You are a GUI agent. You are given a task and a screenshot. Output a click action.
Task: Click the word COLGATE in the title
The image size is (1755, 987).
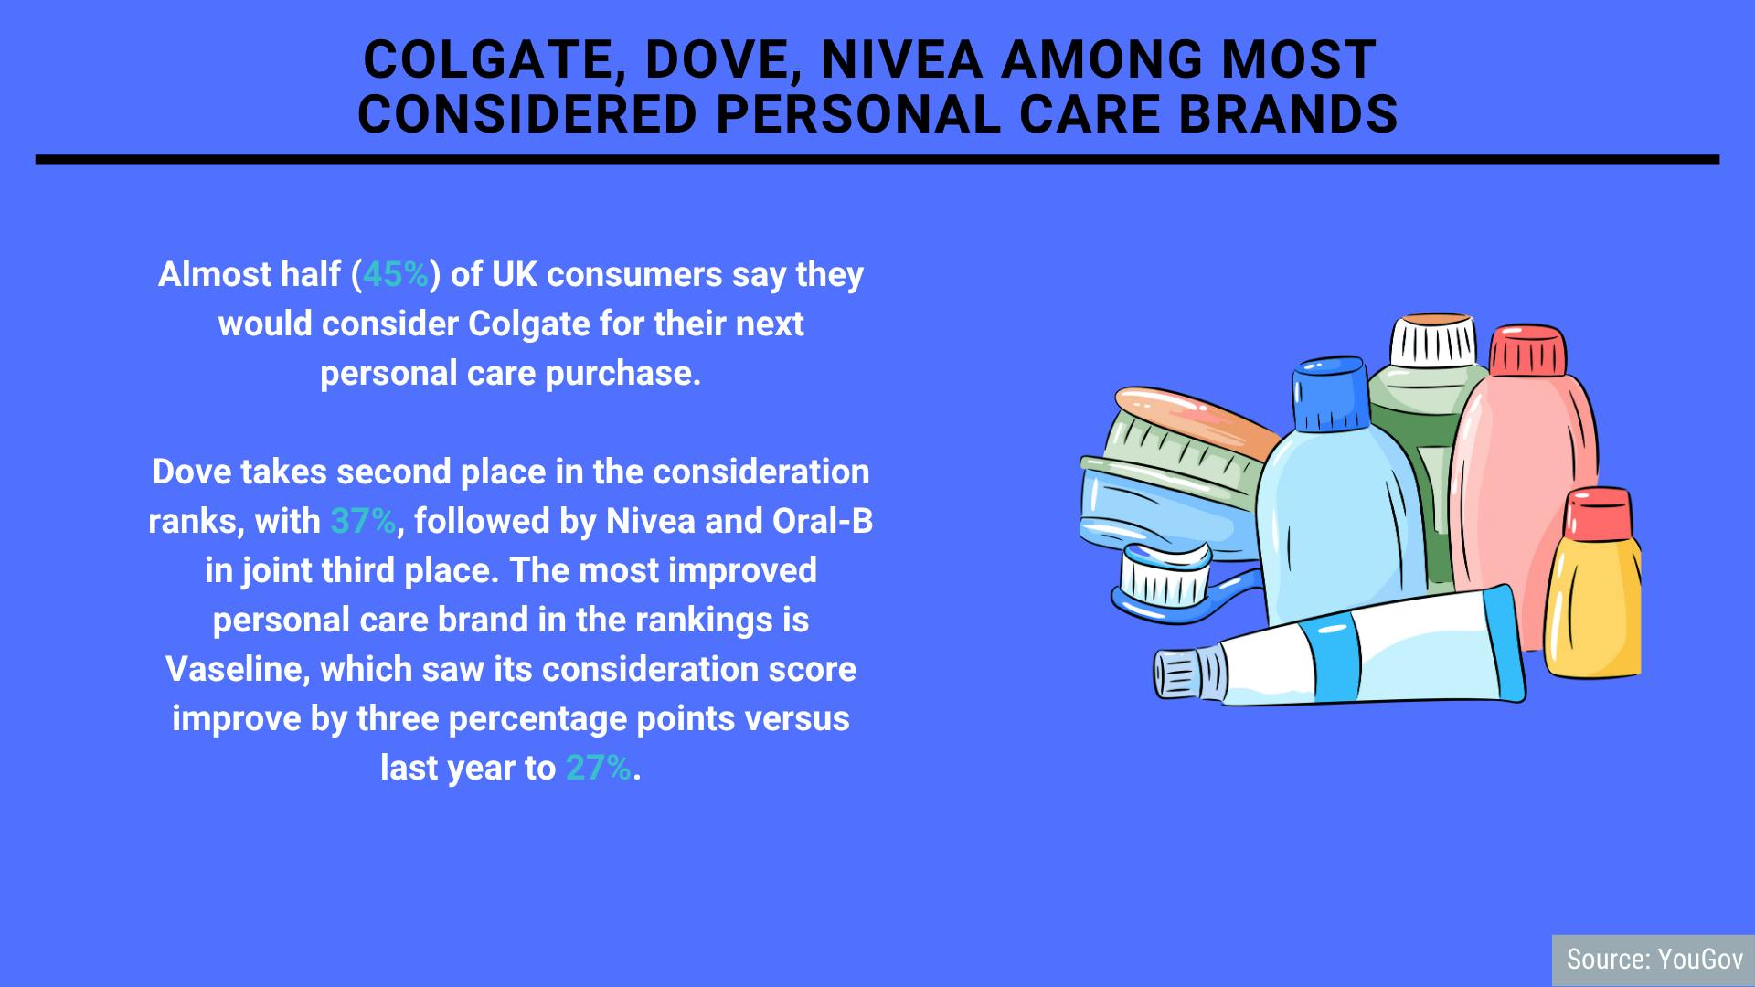[x=487, y=60]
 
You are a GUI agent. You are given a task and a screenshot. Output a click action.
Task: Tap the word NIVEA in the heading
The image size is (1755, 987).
[x=901, y=60]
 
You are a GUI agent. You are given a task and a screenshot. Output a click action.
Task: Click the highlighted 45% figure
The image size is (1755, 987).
[x=396, y=274]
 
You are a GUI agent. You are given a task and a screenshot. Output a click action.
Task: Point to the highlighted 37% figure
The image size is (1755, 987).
[x=363, y=521]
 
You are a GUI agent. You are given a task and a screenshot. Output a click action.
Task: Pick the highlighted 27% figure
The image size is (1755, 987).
[x=599, y=768]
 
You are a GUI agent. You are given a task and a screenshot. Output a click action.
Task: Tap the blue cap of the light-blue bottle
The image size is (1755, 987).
[x=1330, y=395]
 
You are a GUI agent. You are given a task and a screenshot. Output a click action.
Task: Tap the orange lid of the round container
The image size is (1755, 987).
[x=1195, y=420]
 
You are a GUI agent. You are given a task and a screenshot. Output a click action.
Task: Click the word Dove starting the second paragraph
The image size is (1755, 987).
[x=191, y=472]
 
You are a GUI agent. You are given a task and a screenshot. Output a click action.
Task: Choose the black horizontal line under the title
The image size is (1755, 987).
[x=877, y=160]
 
